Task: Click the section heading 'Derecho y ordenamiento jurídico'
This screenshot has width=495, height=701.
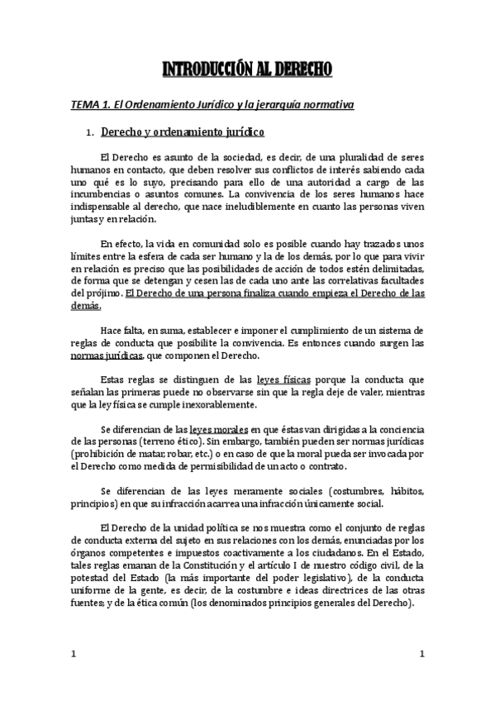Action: pos(182,132)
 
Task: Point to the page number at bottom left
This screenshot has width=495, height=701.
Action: pos(74,654)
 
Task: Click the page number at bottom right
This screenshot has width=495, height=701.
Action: pos(422,654)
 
